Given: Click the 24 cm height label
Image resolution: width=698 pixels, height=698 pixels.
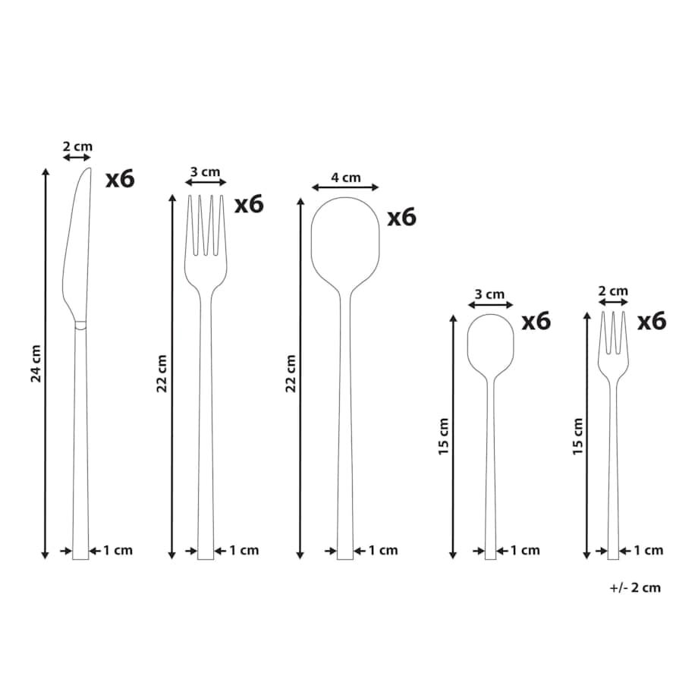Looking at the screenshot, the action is (36, 363).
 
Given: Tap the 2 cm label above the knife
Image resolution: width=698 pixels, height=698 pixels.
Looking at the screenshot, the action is (77, 146).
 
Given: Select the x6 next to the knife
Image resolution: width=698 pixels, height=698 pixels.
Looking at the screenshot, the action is (120, 178).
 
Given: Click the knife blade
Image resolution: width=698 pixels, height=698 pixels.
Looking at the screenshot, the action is (76, 245).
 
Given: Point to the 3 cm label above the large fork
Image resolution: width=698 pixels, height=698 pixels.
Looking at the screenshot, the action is (205, 171).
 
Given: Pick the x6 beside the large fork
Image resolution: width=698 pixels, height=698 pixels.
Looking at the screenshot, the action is (250, 204).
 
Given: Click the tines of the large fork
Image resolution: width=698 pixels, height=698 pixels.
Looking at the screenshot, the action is (205, 225).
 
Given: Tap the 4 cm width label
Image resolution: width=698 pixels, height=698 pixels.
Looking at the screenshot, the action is (345, 178).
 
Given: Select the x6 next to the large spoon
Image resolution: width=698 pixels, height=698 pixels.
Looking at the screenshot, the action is (402, 217).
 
